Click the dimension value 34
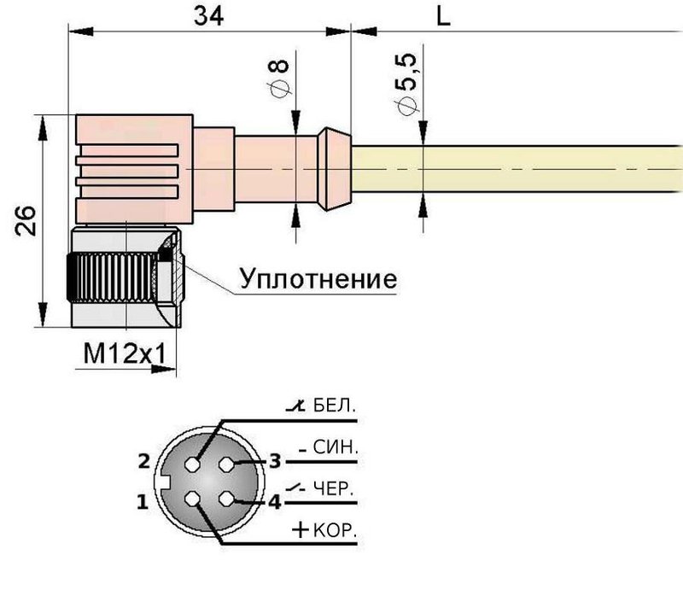(208, 15)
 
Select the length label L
(443, 16)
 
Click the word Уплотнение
(318, 280)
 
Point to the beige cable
(512, 169)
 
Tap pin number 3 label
(275, 462)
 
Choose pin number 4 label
(274, 502)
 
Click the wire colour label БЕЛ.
(334, 406)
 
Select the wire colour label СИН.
(336, 447)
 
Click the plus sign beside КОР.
(301, 530)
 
